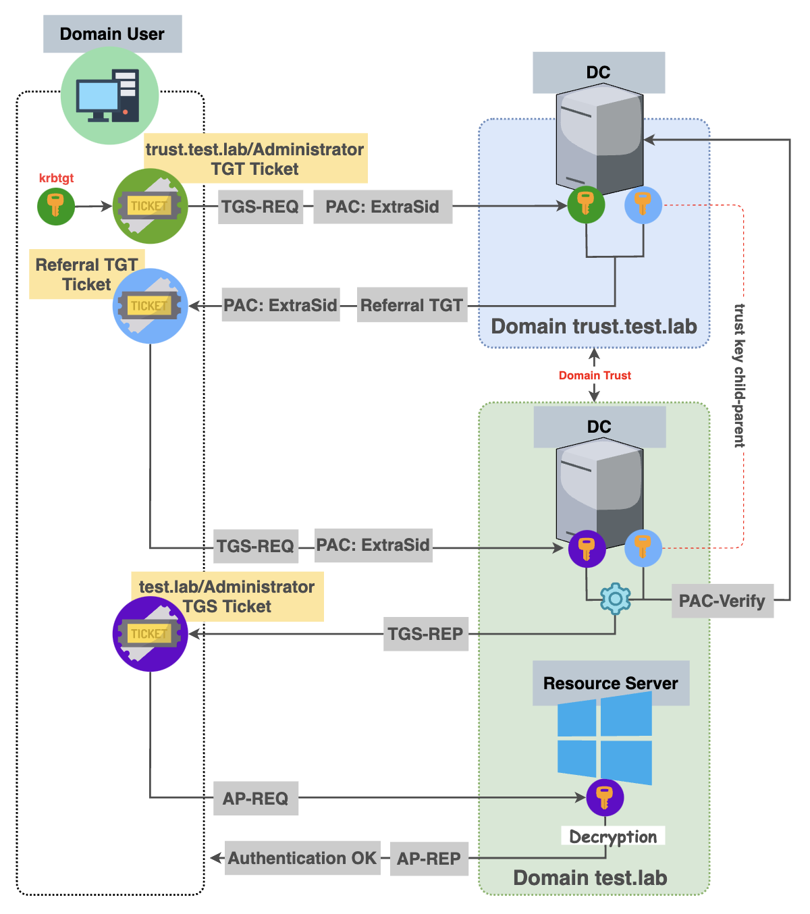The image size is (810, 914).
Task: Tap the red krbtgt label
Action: [56, 178]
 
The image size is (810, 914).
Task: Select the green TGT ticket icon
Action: [149, 206]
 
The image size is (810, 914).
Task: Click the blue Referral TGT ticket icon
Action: [149, 306]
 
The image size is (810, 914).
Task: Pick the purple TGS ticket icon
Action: [149, 634]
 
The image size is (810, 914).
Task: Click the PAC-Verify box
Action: [722, 601]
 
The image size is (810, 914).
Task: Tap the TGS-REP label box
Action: [425, 634]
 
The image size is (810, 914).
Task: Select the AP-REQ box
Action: [255, 798]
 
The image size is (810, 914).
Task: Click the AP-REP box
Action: [429, 859]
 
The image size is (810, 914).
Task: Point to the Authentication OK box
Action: [302, 858]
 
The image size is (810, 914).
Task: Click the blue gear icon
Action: [615, 598]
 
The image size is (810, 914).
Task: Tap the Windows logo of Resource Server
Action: [605, 738]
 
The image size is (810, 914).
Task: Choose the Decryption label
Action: [613, 836]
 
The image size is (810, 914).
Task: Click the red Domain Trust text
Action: [595, 375]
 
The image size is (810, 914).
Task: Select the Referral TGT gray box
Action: [412, 306]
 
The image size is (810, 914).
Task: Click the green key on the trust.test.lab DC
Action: [586, 205]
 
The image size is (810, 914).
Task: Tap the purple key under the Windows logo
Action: [605, 797]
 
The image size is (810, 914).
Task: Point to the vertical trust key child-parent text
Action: [740, 375]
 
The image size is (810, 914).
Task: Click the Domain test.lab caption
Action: [590, 878]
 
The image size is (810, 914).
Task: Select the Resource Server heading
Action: [610, 683]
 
